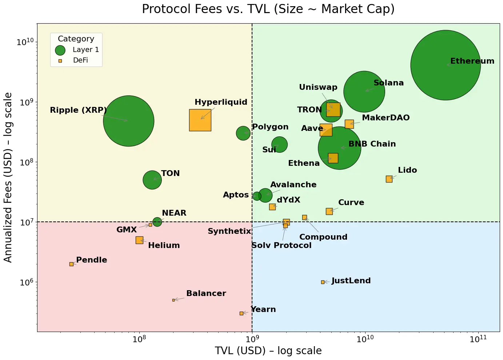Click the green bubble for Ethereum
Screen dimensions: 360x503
tap(446, 65)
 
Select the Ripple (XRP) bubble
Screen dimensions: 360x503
tap(128, 121)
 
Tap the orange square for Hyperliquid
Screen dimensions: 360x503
tap(200, 120)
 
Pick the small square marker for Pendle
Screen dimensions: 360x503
tap(71, 264)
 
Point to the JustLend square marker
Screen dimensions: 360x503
tap(323, 282)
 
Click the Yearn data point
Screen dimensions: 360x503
tap(241, 313)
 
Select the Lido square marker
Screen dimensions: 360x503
tap(389, 179)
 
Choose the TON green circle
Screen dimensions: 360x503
tap(152, 180)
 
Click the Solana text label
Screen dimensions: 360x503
tap(388, 83)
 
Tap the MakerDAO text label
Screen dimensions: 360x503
tap(386, 118)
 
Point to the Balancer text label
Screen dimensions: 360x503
tap(206, 293)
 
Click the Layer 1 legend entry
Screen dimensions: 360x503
tap(85, 50)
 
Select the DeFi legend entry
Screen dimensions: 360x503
tap(80, 60)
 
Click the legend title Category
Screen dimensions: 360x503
tap(76, 39)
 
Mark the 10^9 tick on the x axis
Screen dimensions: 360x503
tap(252, 339)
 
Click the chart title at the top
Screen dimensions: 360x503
tap(268, 9)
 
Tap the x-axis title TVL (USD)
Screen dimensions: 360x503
tap(268, 351)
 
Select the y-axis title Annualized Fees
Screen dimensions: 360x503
tap(8, 177)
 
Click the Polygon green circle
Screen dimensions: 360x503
tap(243, 133)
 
